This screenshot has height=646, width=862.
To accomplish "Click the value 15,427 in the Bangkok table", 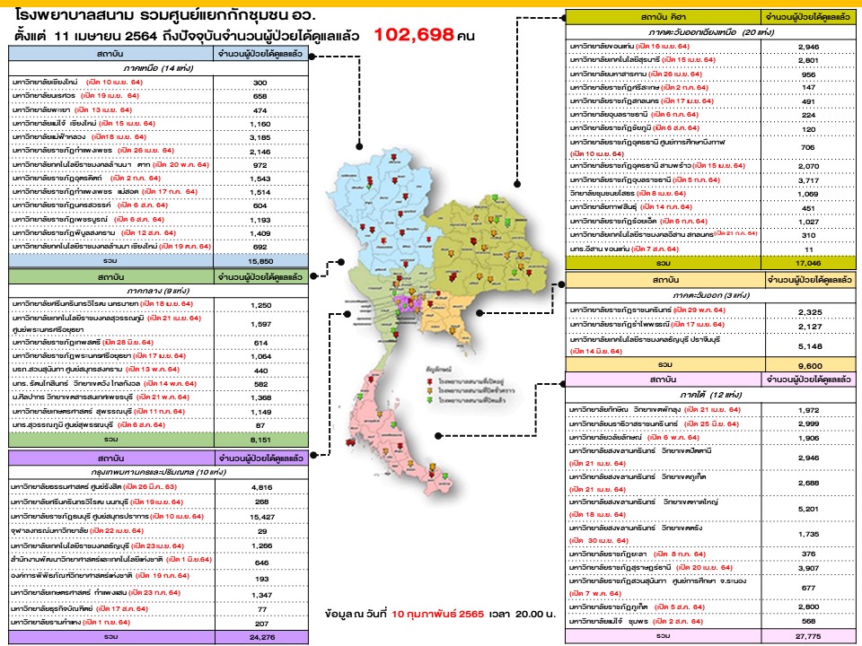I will coord(261,518).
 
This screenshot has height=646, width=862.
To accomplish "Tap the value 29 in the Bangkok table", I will coord(261,532).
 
